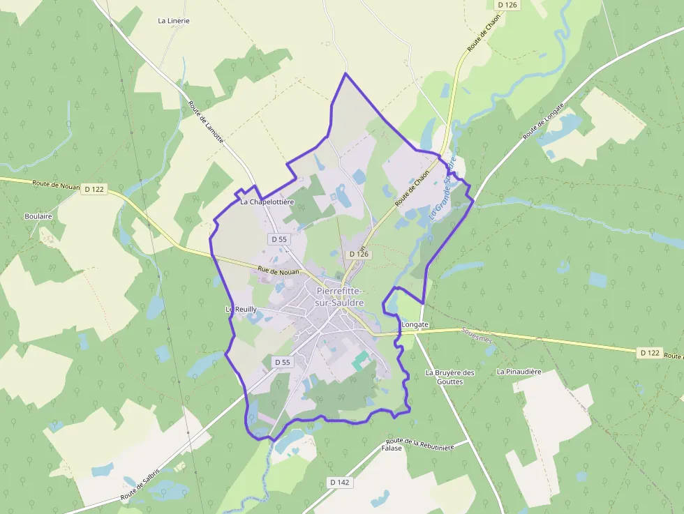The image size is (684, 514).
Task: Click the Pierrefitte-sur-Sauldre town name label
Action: coord(340,296)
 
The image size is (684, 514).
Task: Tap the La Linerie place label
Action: coord(174,21)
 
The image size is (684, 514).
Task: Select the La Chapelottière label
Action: coord(267,202)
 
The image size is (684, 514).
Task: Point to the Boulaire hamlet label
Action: coord(38,216)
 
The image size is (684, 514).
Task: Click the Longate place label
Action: coord(415,325)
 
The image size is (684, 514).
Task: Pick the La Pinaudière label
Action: coord(519,372)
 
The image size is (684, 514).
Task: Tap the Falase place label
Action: coord(392,448)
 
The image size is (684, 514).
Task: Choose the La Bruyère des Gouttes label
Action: coord(449,377)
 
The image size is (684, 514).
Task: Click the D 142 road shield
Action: coord(339,483)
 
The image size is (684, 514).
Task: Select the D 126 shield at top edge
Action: coord(507,5)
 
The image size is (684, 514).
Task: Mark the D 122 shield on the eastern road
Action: coord(650,353)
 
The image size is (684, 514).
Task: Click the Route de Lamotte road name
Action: coord(206,122)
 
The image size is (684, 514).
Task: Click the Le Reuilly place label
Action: coord(241,309)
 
